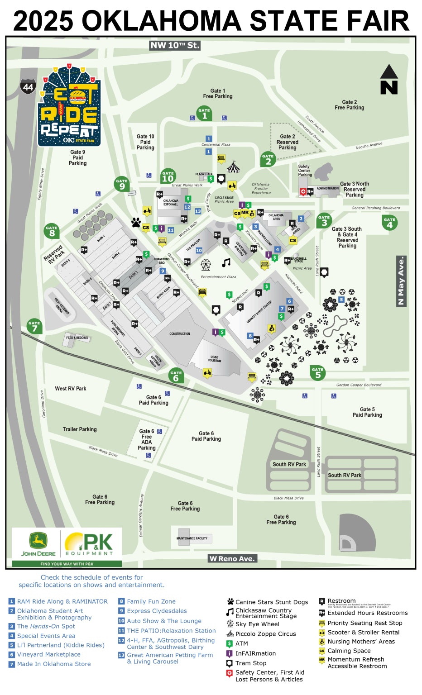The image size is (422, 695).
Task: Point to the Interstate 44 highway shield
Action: [28, 86]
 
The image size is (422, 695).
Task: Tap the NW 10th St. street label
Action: [175, 45]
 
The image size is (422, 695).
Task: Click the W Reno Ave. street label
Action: [232, 558]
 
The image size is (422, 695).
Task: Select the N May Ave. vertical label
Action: [401, 281]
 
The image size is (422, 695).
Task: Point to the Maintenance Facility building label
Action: [192, 538]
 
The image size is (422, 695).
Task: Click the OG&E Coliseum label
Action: [214, 359]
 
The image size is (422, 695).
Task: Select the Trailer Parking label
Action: [80, 429]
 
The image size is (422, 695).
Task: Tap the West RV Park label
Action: [71, 389]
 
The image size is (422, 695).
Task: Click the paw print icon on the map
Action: [136, 222]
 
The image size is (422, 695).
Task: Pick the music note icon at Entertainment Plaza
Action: [226, 262]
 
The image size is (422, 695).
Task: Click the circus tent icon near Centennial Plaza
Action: [233, 167]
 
